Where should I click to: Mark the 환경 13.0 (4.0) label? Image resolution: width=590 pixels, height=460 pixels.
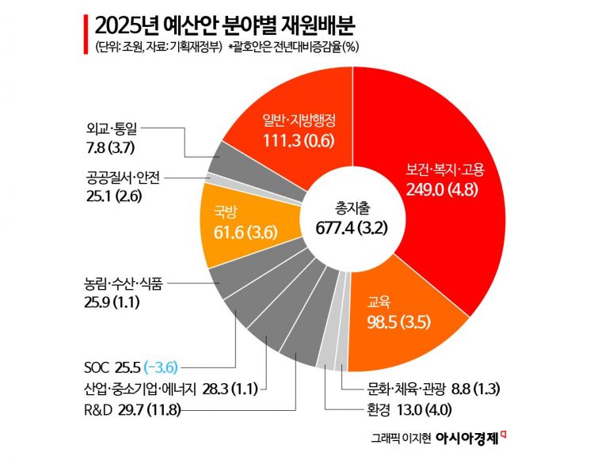(394, 409)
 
